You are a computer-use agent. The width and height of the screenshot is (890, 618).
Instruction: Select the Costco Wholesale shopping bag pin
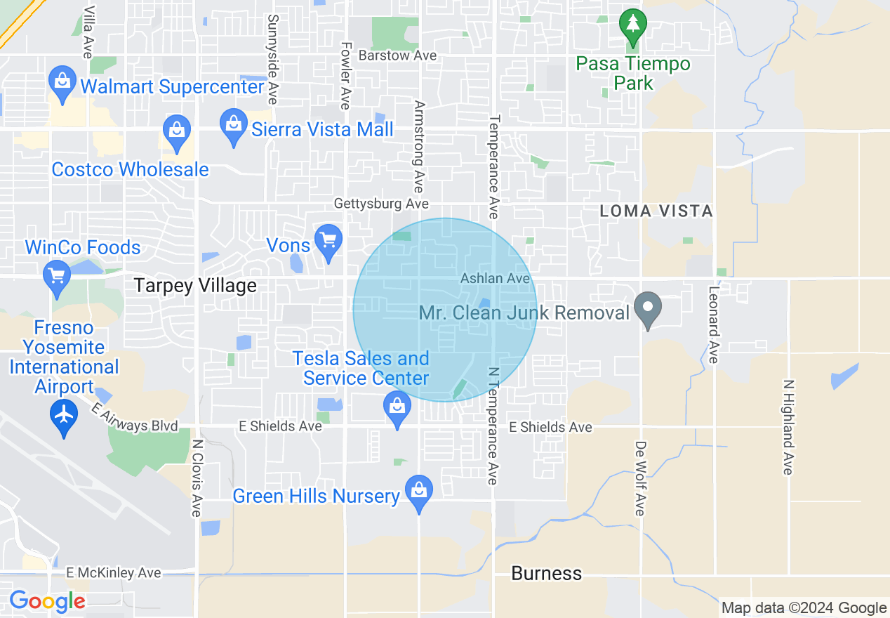pyautogui.click(x=176, y=130)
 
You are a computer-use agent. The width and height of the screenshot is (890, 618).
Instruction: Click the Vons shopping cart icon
pyautogui.click(x=328, y=240)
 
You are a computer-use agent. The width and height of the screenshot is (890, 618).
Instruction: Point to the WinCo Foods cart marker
pyautogui.click(x=58, y=276)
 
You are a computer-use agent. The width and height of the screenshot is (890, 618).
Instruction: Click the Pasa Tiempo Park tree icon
pyautogui.click(x=633, y=25)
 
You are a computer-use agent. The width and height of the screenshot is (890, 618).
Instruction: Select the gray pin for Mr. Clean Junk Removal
pyautogui.click(x=648, y=308)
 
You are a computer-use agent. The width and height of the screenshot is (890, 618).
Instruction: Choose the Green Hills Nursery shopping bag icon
pyautogui.click(x=419, y=490)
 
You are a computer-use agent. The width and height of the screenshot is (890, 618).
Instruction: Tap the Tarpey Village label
pyautogui.click(x=195, y=286)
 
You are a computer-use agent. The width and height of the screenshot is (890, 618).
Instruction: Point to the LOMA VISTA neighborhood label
pyautogui.click(x=656, y=211)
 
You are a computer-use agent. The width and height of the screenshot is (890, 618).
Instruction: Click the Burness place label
pyautogui.click(x=546, y=574)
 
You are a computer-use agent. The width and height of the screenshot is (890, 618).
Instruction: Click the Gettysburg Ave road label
pyautogui.click(x=381, y=204)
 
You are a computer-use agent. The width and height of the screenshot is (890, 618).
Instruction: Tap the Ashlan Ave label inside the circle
pyautogui.click(x=495, y=279)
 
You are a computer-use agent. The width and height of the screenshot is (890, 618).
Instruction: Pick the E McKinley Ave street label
pyautogui.click(x=112, y=573)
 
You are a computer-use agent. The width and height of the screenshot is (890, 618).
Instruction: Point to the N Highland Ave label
pyautogui.click(x=788, y=427)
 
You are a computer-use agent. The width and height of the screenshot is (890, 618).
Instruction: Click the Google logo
pyautogui.click(x=47, y=602)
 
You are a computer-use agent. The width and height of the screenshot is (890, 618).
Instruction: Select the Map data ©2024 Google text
pyautogui.click(x=804, y=608)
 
